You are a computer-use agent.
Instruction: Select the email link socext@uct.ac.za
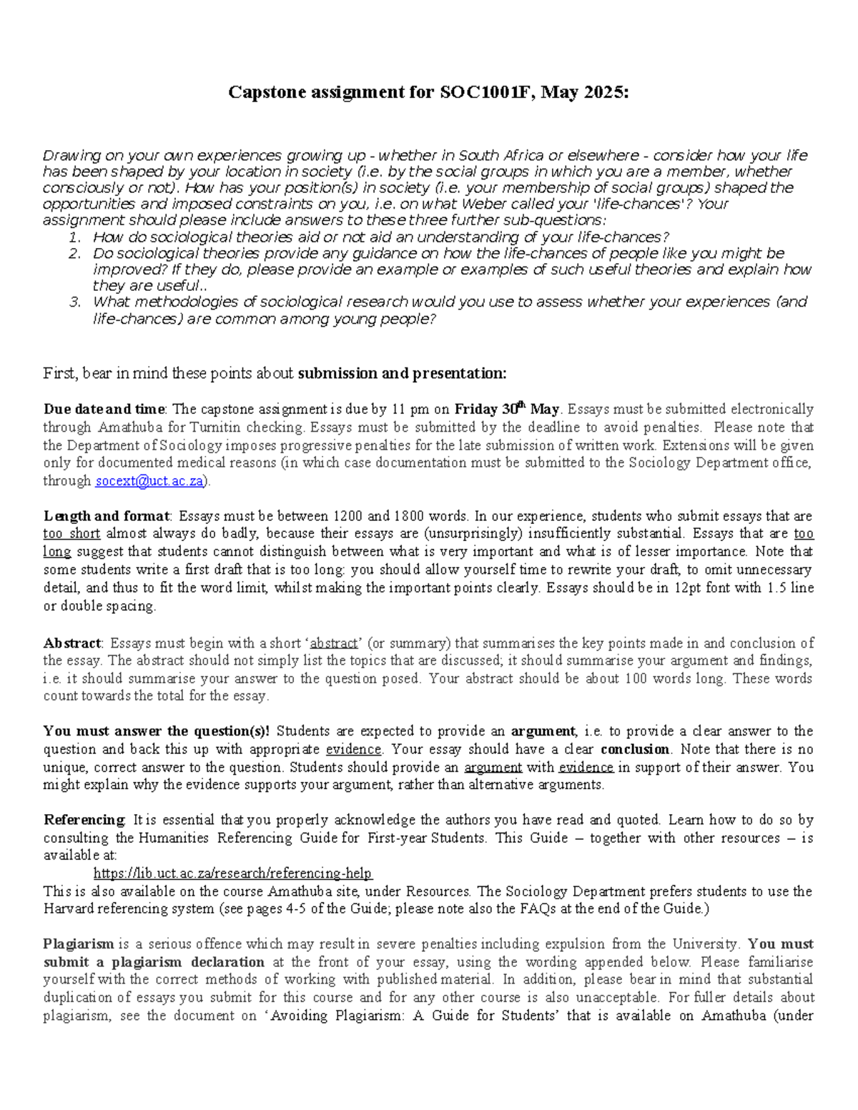pos(149,481)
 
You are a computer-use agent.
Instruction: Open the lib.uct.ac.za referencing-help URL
pos(233,873)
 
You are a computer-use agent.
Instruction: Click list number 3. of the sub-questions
pos(75,302)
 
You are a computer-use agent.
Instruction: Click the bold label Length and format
pos(107,516)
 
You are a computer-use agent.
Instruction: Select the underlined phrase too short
pos(71,534)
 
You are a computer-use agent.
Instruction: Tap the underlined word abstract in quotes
pos(333,643)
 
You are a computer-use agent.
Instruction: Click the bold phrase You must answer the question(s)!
pos(157,731)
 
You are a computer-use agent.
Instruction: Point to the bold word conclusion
pos(635,750)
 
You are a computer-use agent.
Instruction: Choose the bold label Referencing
pos(84,820)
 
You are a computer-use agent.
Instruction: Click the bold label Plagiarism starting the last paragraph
pos(78,944)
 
